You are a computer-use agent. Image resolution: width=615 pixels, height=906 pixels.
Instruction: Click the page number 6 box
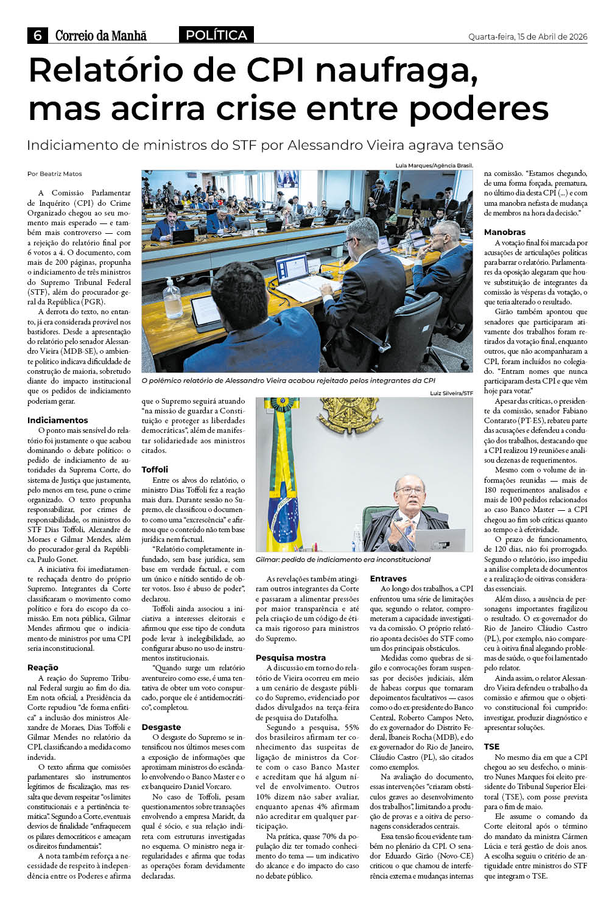click(38, 35)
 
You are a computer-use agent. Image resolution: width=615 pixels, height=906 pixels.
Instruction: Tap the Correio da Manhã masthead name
click(101, 35)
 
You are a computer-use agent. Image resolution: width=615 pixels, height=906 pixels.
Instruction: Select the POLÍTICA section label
click(216, 35)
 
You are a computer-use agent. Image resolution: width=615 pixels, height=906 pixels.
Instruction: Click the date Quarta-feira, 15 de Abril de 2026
click(527, 37)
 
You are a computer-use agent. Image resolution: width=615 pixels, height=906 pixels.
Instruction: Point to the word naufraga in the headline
click(396, 71)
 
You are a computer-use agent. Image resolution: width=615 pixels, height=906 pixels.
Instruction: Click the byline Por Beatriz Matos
click(54, 174)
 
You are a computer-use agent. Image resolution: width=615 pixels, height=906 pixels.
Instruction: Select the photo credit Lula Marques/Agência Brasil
click(434, 166)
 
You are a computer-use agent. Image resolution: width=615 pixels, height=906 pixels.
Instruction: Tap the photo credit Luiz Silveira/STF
click(451, 393)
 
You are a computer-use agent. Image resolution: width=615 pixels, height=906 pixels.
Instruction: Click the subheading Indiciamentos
click(57, 420)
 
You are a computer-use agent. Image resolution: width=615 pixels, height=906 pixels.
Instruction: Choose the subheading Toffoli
click(155, 469)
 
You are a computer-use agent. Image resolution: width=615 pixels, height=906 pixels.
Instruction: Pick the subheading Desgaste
click(161, 727)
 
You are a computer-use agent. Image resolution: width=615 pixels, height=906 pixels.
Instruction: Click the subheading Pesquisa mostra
click(290, 658)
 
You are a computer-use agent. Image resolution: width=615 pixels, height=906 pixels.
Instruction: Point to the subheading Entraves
click(388, 578)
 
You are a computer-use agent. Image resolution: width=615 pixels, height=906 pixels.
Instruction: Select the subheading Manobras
click(504, 232)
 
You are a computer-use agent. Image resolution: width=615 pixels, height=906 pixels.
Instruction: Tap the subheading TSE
click(491, 746)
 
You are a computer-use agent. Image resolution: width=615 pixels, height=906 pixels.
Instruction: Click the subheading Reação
click(43, 667)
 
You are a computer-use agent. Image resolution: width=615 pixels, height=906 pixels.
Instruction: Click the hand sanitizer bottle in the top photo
click(173, 298)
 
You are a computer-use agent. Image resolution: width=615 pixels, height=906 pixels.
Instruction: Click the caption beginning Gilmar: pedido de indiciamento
click(343, 560)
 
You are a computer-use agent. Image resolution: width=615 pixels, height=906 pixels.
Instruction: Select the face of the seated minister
click(410, 493)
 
